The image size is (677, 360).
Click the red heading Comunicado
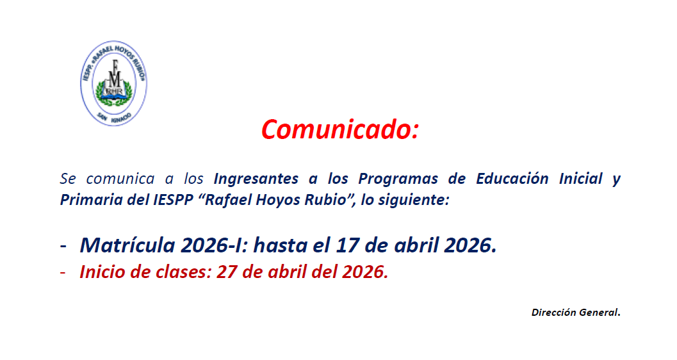340,129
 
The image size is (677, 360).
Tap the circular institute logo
113,83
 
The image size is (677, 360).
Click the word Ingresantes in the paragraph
256,179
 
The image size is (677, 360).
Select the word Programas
392,179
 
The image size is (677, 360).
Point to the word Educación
512,178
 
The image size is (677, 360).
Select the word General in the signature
598,312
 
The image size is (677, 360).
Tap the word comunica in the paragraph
120,179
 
